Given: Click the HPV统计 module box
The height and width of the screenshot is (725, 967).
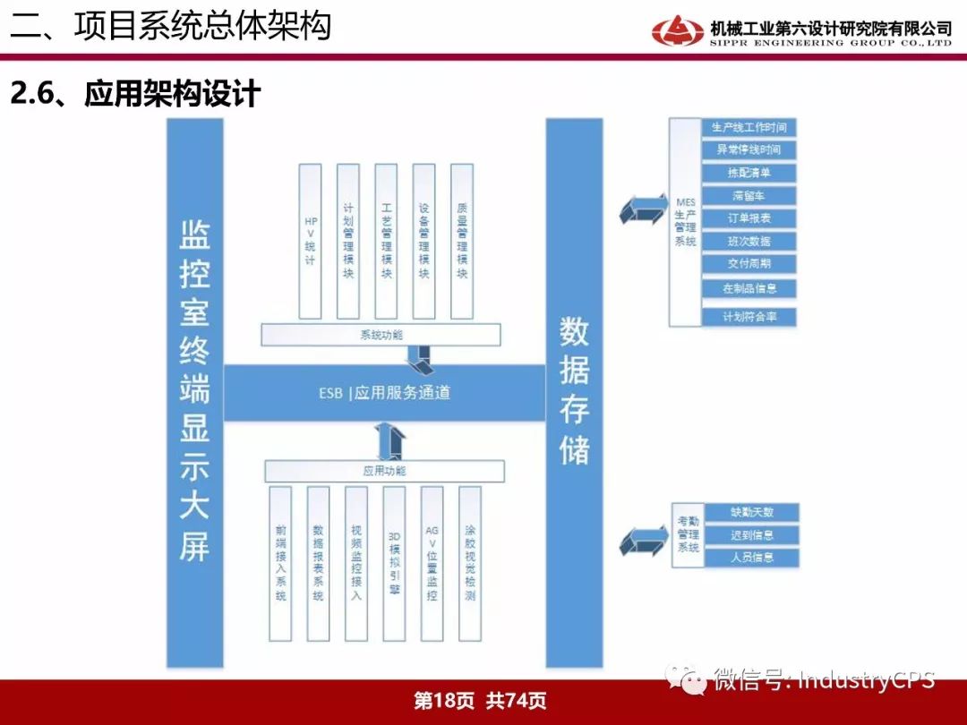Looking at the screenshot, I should (x=311, y=241).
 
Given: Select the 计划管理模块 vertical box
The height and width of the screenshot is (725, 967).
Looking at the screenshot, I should (x=348, y=241).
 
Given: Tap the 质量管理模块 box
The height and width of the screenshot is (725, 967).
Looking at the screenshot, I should (x=461, y=241).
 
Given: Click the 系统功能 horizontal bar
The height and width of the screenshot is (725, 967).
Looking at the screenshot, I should (x=381, y=335).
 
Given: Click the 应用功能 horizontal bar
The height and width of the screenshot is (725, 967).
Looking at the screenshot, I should (x=384, y=471).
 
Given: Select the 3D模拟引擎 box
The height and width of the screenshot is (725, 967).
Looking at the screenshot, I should (x=394, y=563).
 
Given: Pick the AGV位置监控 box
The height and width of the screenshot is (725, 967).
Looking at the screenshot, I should (x=432, y=563).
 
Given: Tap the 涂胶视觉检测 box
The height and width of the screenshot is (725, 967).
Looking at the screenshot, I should (x=469, y=563).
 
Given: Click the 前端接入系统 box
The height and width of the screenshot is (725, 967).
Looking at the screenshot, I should (x=281, y=563).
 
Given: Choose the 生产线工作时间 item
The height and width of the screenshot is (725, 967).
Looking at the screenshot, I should (x=749, y=128).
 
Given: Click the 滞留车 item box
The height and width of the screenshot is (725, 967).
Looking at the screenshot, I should (x=749, y=196).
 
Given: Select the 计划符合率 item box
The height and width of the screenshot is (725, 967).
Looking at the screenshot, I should (x=749, y=316).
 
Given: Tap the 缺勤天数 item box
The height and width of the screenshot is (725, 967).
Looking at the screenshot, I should (x=751, y=513).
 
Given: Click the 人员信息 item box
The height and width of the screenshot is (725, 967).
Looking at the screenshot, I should (x=751, y=557).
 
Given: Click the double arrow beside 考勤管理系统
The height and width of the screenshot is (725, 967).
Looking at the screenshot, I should (x=641, y=541).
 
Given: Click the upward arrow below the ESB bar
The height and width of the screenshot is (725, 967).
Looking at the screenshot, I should (x=390, y=440).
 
